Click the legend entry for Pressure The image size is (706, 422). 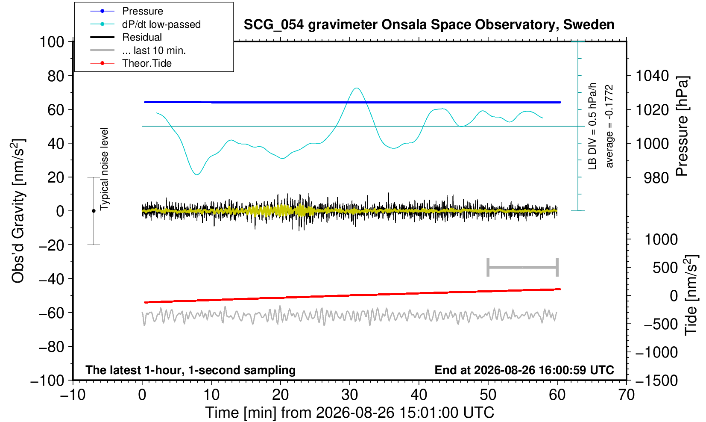point(143,12)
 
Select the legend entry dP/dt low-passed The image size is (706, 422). point(161,24)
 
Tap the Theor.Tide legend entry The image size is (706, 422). point(147,63)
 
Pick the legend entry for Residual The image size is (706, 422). point(142,37)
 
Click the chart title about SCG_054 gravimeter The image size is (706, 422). point(429,25)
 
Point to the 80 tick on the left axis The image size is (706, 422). point(56,76)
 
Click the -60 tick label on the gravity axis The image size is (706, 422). point(51,313)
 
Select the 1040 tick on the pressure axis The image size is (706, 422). point(652,76)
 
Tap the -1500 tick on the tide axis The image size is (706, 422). point(656,381)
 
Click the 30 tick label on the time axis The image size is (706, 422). point(349,395)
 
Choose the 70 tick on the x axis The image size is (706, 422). point(626,395)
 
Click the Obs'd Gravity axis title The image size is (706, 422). point(18,211)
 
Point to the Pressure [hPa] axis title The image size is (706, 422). point(682,126)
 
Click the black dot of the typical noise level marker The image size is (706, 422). point(94,211)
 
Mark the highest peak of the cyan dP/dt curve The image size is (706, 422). point(357,88)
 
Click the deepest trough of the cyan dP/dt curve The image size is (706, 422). point(196,174)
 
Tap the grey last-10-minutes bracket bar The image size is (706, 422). point(523,267)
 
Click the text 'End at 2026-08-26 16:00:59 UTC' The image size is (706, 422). point(524,370)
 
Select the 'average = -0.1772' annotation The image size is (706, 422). point(609,126)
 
